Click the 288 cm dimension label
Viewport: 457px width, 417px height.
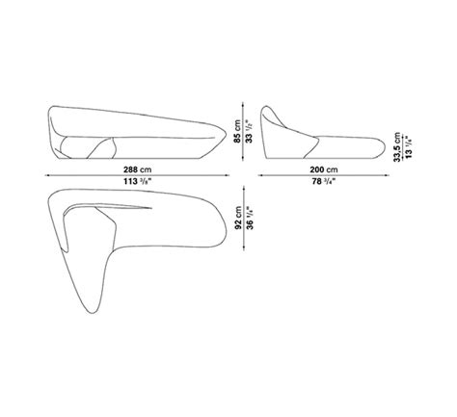tap(137, 169)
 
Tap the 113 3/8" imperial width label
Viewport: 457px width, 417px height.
tap(137, 181)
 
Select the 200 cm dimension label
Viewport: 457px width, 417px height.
tap(324, 169)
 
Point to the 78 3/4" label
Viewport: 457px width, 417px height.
tap(324, 181)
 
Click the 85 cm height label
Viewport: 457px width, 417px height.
tap(237, 132)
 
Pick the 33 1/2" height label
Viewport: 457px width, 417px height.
tap(249, 132)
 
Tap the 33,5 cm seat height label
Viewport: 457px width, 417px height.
tap(397, 147)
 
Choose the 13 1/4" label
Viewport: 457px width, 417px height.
tap(409, 147)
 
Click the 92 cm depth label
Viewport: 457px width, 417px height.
tap(238, 218)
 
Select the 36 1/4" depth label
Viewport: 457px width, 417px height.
tap(250, 218)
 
